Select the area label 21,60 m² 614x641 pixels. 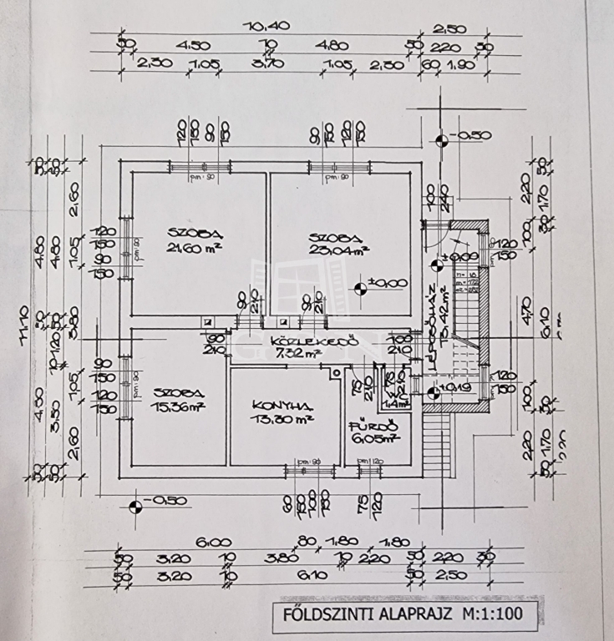pos(190,248)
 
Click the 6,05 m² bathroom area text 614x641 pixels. pos(374,437)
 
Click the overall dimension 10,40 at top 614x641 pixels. pos(266,26)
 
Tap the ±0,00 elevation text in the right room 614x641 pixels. pos(388,284)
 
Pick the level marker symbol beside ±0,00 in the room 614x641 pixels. pos(360,289)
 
